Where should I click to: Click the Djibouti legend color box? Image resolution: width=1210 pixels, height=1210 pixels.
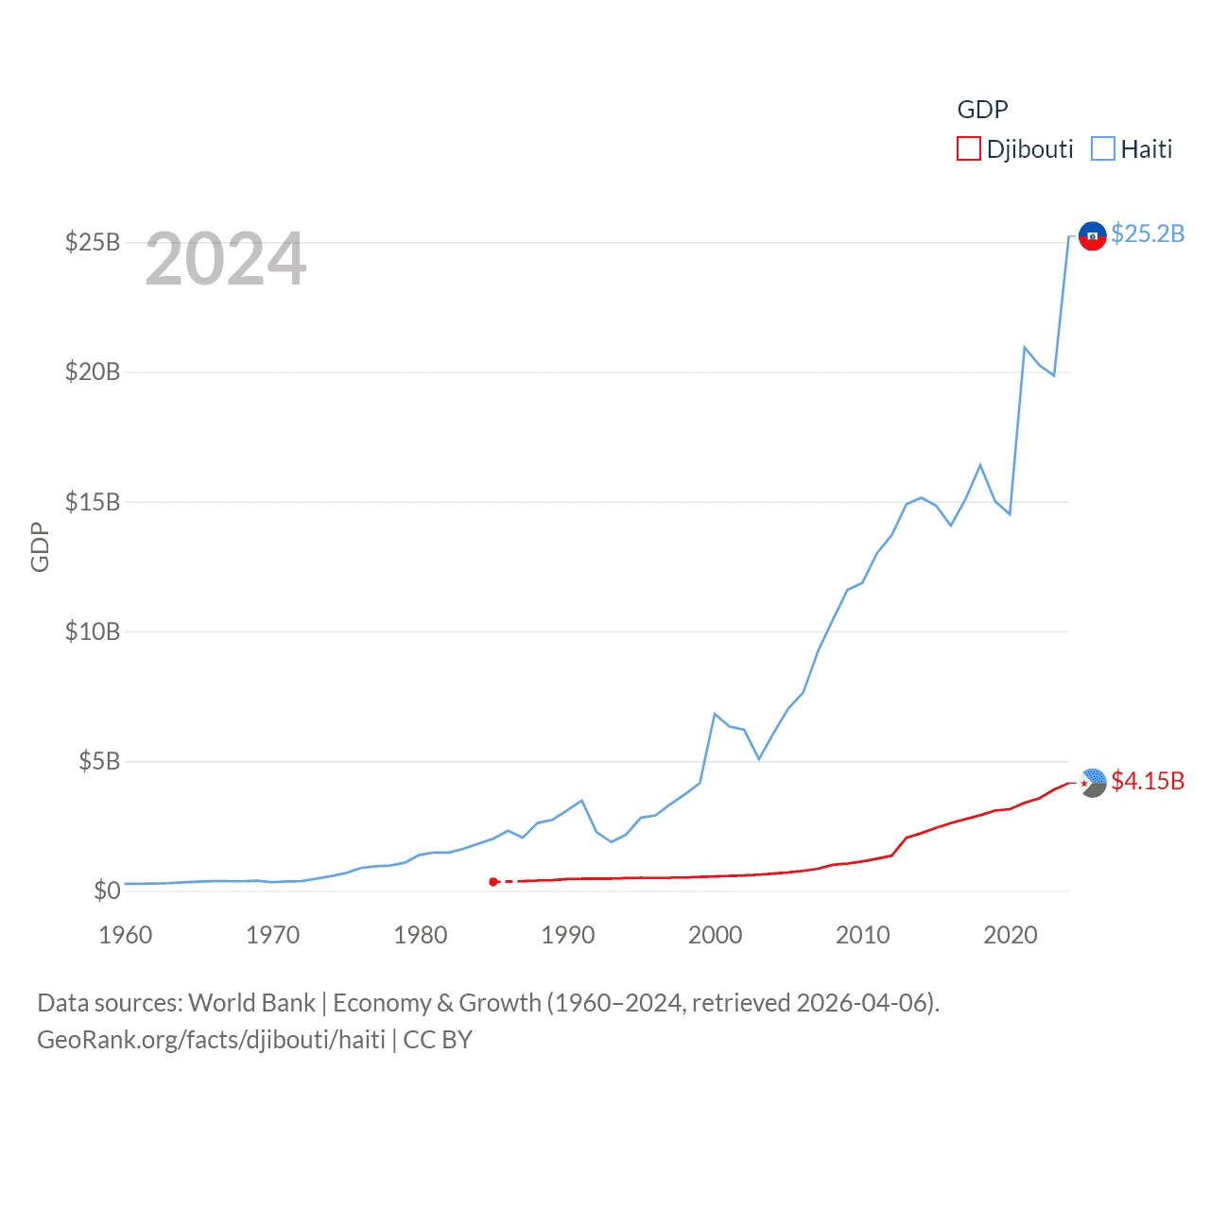tap(968, 149)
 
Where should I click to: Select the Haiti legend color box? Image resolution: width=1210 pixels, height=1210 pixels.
tap(1102, 149)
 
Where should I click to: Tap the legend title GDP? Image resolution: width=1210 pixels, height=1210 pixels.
tap(982, 110)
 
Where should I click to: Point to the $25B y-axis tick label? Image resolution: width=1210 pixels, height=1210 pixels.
tap(93, 242)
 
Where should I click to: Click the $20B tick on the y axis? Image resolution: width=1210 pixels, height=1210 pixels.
tap(93, 372)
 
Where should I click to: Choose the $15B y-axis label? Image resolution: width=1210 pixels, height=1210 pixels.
tap(93, 502)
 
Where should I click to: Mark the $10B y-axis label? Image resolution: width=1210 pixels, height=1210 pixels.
tap(93, 631)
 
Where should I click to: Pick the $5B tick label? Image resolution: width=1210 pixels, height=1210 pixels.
tap(99, 761)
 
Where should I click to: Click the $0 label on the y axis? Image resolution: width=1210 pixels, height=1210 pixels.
tap(107, 890)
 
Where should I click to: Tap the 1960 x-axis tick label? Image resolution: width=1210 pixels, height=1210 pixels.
tap(126, 935)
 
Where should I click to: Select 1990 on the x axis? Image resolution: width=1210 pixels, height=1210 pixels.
tap(568, 935)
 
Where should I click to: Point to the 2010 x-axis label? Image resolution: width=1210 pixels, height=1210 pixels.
tap(863, 935)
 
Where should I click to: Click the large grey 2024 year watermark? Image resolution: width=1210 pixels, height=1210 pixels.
tap(226, 259)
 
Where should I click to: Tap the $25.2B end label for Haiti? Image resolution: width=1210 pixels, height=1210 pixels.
tap(1148, 233)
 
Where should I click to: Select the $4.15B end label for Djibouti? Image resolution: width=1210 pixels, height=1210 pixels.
tap(1148, 781)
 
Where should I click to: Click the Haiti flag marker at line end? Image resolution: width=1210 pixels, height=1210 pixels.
tap(1092, 235)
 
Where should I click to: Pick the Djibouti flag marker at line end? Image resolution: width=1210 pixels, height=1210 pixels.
tap(1093, 783)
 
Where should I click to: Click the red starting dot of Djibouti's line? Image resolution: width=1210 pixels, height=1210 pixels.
tap(493, 882)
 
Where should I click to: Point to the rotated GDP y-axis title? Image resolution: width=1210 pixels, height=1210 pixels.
tap(40, 546)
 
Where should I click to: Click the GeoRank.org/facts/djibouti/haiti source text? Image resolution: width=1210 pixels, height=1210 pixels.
tap(211, 1040)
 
